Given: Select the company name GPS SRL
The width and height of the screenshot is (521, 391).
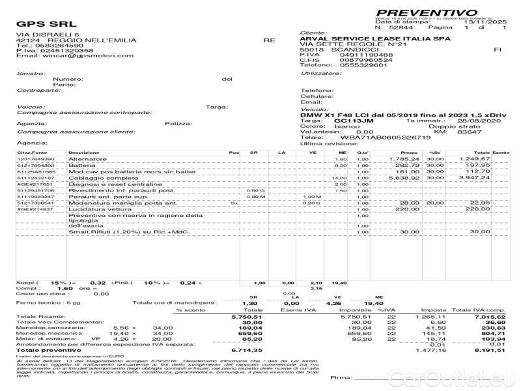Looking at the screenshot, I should point(37,24).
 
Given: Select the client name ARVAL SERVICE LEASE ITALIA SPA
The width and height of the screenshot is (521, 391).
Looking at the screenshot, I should point(375,39).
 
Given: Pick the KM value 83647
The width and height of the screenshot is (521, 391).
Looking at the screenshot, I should point(469,132).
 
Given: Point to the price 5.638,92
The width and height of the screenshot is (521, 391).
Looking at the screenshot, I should point(404,177).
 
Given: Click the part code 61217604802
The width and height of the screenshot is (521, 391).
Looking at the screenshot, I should point(36,165).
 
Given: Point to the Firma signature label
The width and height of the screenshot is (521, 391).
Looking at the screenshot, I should point(341,377).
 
